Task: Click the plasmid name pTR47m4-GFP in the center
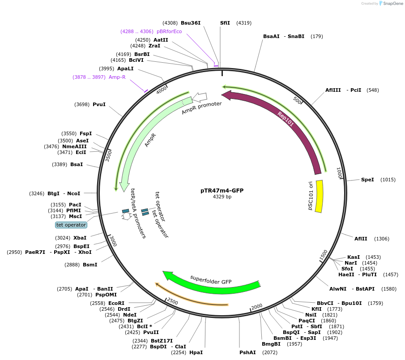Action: click(x=222, y=190)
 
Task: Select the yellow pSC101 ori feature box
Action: click(x=319, y=196)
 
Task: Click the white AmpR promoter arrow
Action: click(x=201, y=97)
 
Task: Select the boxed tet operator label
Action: click(x=71, y=225)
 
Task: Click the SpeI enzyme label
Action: click(x=367, y=180)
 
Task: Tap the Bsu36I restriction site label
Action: click(x=191, y=23)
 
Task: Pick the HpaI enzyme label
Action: click(x=196, y=352)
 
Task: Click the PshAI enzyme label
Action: click(x=247, y=352)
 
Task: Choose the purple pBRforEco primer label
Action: click(x=169, y=31)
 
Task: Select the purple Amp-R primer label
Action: click(x=117, y=77)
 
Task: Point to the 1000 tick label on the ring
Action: click(x=340, y=173)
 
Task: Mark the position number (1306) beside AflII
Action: click(x=382, y=239)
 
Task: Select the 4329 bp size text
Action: click(x=222, y=197)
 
